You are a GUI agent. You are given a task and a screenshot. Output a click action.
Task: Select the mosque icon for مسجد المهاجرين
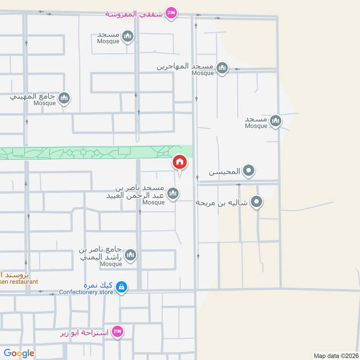(222, 68)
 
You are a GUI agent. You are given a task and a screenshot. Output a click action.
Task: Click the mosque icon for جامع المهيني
(64, 98)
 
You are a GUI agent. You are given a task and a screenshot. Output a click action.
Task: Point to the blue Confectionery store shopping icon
(121, 286)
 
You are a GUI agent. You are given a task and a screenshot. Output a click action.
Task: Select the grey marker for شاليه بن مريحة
(256, 202)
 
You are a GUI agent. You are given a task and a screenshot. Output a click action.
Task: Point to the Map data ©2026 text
(335, 355)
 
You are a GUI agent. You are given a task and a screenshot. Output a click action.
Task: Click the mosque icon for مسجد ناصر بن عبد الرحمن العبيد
(172, 194)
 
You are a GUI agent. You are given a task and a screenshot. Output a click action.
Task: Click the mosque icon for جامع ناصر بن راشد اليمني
(130, 255)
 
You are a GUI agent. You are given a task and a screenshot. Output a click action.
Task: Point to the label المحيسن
(224, 172)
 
